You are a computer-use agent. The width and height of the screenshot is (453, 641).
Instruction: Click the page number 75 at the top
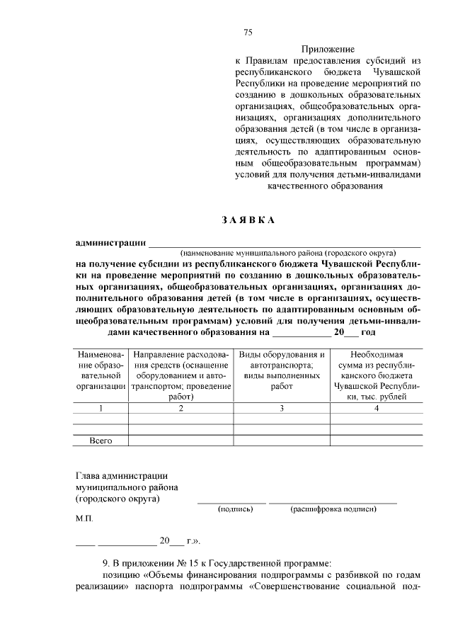click(x=248, y=32)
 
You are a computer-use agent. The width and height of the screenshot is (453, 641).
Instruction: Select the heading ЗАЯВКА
click(x=248, y=220)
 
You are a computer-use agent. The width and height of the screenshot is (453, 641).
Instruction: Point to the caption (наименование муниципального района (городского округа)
click(x=289, y=253)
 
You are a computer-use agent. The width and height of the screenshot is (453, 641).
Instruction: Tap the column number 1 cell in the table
click(x=101, y=408)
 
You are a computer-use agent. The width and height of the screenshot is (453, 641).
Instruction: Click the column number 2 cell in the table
click(x=180, y=408)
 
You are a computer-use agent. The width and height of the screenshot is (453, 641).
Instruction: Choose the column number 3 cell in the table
click(x=281, y=408)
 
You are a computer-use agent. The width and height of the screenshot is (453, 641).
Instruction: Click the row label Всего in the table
click(x=101, y=441)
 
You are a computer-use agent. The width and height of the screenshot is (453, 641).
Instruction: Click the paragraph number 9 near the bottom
click(x=106, y=563)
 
